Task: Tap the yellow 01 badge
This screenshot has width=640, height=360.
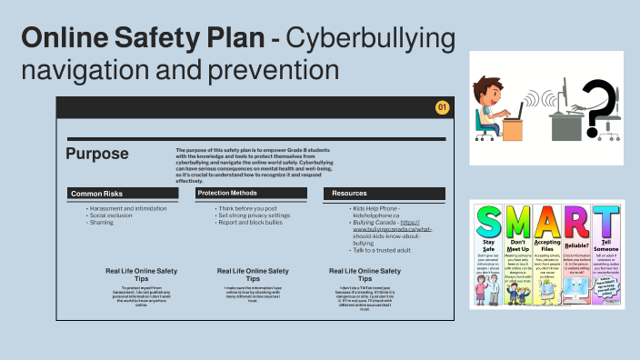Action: click(x=443, y=108)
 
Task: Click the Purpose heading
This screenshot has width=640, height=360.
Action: click(x=96, y=155)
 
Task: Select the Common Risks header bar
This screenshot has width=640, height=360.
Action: click(x=123, y=194)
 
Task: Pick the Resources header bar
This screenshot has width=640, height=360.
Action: click(x=384, y=194)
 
